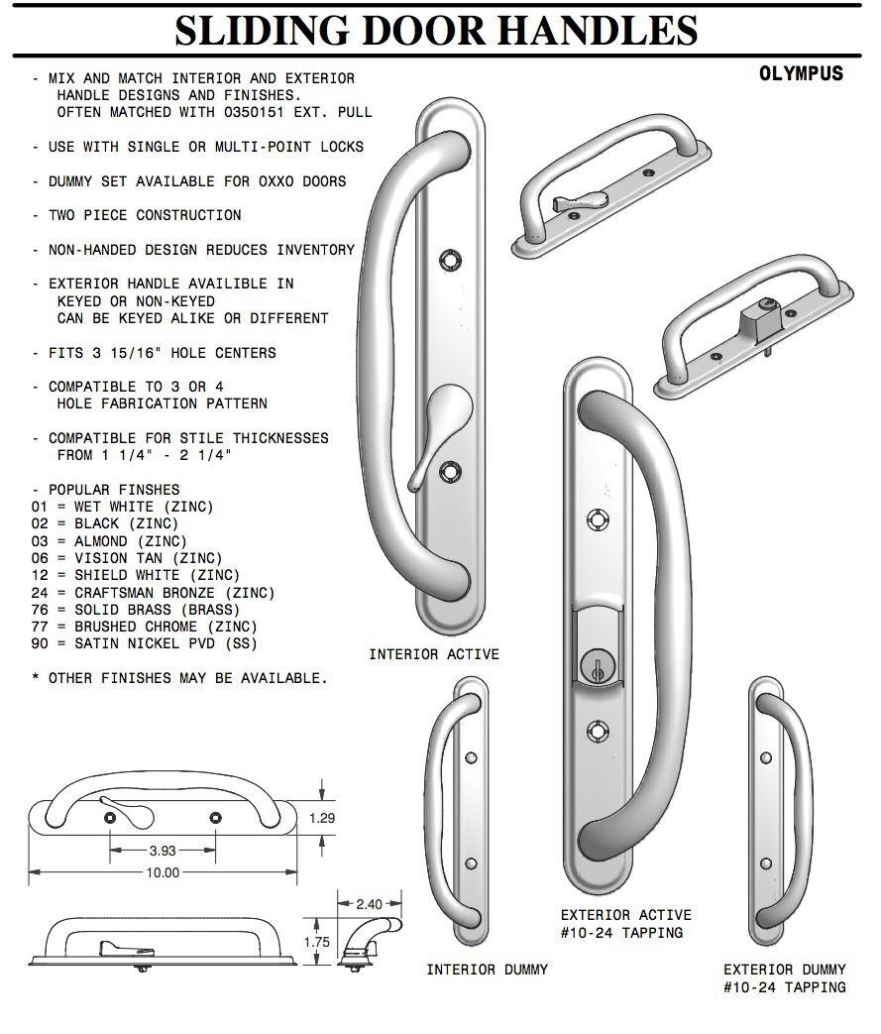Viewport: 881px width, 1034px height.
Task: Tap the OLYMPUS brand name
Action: (801, 74)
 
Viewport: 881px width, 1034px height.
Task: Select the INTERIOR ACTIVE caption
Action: (434, 654)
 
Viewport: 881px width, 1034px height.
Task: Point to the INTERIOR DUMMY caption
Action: (487, 969)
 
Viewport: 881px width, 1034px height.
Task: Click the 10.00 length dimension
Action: (163, 872)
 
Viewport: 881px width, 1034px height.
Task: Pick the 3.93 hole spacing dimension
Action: (163, 851)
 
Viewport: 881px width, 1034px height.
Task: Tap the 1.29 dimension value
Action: (322, 818)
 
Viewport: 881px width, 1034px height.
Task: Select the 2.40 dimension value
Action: (369, 903)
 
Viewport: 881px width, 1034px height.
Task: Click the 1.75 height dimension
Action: (316, 943)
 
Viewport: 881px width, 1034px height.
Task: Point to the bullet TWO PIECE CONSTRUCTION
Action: (144, 215)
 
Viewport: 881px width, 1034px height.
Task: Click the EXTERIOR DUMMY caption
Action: (784, 969)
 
